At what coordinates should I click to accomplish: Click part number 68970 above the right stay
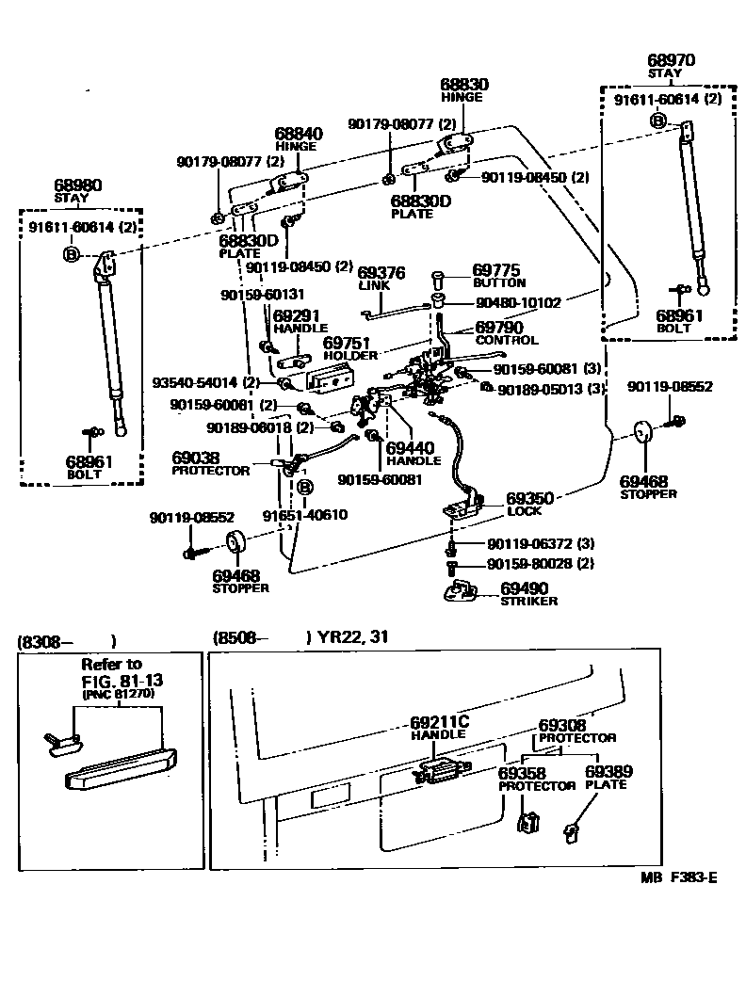671,60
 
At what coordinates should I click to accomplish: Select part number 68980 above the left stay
78,185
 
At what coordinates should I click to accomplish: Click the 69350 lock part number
530,498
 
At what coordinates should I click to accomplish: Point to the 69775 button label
497,270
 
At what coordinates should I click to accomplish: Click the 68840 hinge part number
299,134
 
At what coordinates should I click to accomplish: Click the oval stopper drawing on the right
643,432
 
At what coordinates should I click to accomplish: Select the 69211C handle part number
439,722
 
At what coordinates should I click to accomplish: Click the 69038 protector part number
196,458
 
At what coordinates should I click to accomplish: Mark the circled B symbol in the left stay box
72,253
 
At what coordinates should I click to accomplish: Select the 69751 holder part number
348,344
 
